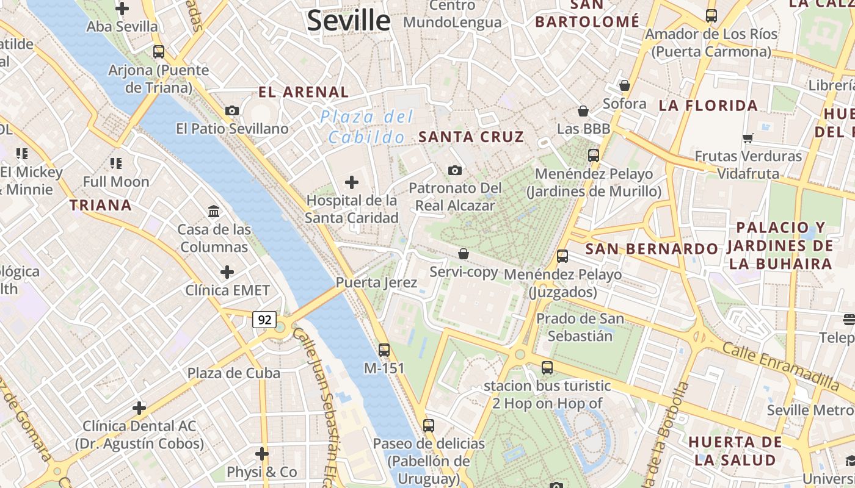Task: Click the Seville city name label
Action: pyautogui.click(x=349, y=20)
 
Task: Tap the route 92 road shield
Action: pyautogui.click(x=264, y=320)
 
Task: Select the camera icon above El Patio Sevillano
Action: pyautogui.click(x=232, y=110)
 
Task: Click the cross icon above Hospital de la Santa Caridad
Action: pyautogui.click(x=352, y=182)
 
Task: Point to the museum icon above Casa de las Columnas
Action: pyautogui.click(x=214, y=212)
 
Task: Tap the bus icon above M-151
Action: pyautogui.click(x=384, y=350)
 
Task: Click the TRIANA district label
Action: pyautogui.click(x=101, y=205)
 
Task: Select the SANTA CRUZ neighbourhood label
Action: pyautogui.click(x=471, y=137)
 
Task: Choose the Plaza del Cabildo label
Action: pyautogui.click(x=367, y=127)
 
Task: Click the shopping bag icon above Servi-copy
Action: pyautogui.click(x=464, y=254)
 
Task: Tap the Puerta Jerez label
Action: pyautogui.click(x=376, y=282)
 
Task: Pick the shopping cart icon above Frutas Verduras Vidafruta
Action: pyautogui.click(x=748, y=138)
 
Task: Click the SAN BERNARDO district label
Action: pyautogui.click(x=652, y=249)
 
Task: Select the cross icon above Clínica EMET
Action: pyautogui.click(x=227, y=271)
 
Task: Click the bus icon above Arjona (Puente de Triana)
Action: pyautogui.click(x=159, y=52)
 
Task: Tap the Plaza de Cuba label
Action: pyautogui.click(x=233, y=373)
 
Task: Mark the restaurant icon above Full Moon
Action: pyautogui.click(x=116, y=163)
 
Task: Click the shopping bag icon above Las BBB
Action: pyautogui.click(x=583, y=111)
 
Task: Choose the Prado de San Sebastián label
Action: pyautogui.click(x=580, y=327)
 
